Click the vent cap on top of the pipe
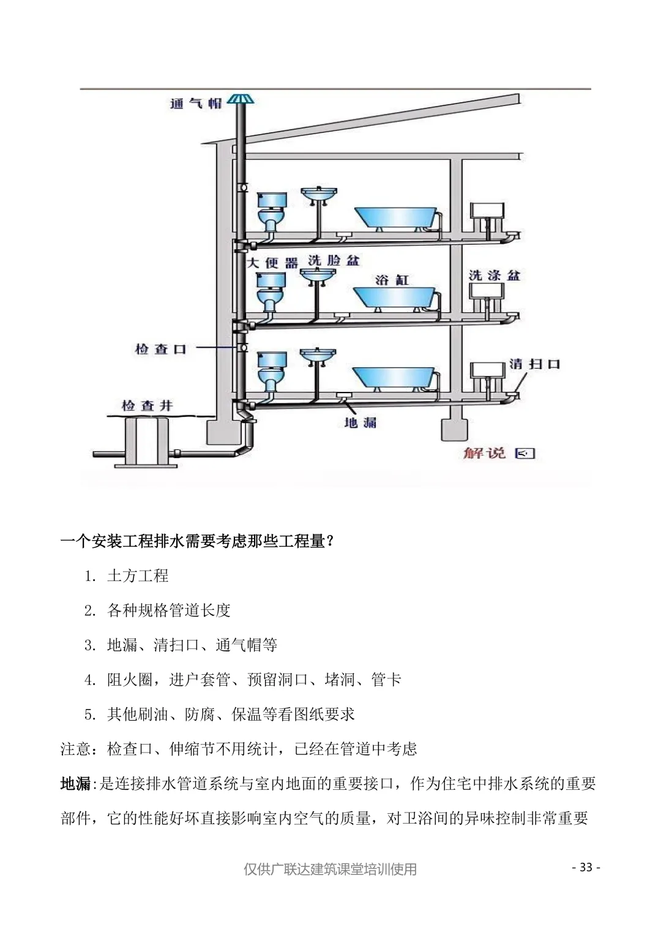click(241, 100)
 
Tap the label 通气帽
click(196, 103)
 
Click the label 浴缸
click(392, 280)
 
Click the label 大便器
click(272, 263)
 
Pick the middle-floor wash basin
click(318, 276)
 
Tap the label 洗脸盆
click(334, 261)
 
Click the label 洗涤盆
click(495, 276)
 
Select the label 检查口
click(160, 349)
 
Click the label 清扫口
click(534, 364)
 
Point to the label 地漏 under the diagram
click(360, 422)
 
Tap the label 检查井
click(148, 405)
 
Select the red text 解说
click(484, 453)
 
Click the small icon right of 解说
click(525, 454)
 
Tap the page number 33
click(586, 867)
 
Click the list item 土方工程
click(138, 576)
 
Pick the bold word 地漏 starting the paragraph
click(75, 783)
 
